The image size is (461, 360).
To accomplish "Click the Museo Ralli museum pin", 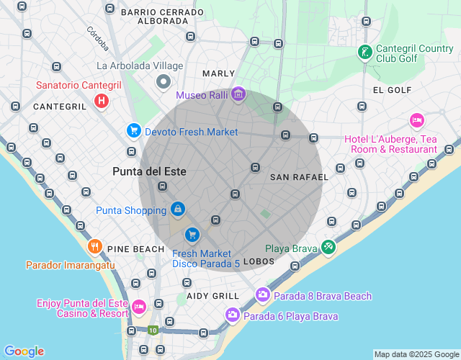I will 239,94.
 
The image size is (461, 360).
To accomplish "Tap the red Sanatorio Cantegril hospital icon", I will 102,101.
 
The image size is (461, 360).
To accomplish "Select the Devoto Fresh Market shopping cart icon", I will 133,130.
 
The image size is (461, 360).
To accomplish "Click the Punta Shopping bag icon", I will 177,210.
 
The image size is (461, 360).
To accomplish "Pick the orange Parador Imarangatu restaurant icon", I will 94,248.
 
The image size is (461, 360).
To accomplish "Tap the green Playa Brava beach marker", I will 328,247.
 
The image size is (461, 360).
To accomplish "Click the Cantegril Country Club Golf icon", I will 365,53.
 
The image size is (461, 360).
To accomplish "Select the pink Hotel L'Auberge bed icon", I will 416,120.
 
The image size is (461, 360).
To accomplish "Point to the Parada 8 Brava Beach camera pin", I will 262,294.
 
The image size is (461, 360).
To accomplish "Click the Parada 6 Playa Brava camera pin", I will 232,315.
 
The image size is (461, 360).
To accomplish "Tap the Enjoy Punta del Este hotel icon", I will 139,307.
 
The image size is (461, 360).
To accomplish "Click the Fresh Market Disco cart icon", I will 192,235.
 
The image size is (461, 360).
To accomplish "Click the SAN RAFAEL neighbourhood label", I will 299,177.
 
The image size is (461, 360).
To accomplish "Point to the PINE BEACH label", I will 136,249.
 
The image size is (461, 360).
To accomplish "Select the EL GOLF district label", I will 392,90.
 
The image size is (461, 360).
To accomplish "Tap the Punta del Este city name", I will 149,171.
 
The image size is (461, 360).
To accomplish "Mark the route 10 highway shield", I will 153,330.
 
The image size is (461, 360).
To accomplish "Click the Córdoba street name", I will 97,40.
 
